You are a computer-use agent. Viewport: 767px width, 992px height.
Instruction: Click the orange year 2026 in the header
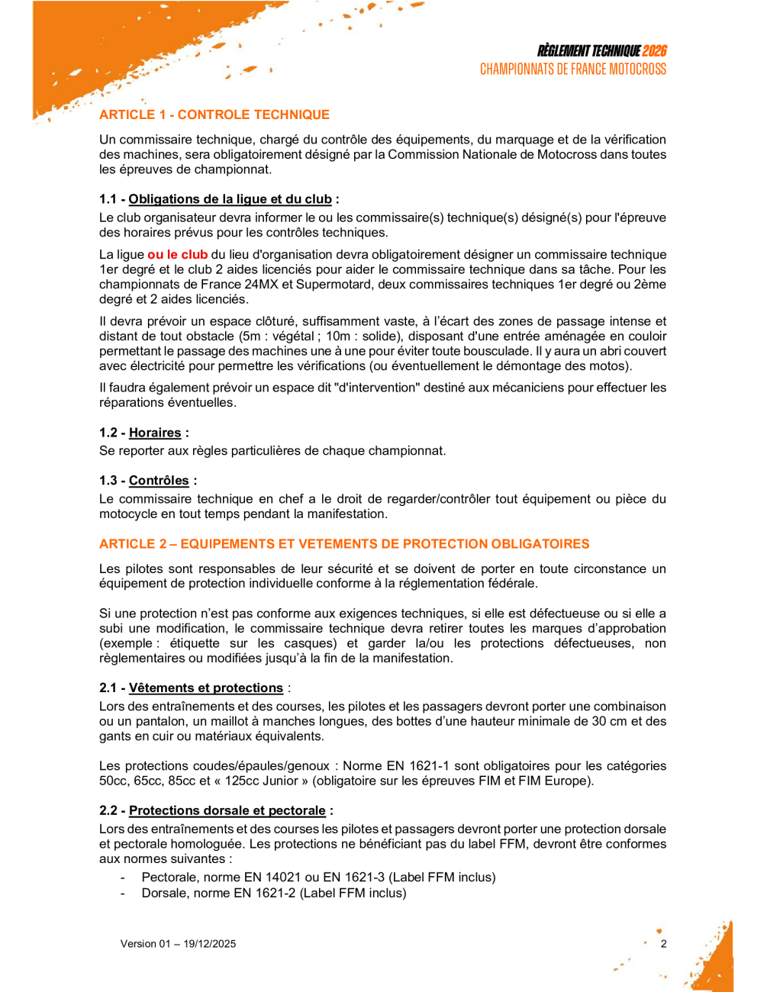pos(654,51)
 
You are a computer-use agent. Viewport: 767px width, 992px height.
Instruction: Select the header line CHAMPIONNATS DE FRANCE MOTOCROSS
pos(572,69)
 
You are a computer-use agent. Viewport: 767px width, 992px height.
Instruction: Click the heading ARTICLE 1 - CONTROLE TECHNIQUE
pos(214,115)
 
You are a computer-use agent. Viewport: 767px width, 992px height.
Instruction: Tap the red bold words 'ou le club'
pos(177,255)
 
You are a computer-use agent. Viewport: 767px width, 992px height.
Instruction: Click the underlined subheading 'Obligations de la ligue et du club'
pos(230,199)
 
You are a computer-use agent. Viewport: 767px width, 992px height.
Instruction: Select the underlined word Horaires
pos(155,433)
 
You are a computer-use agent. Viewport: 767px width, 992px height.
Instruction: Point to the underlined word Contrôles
pos(159,481)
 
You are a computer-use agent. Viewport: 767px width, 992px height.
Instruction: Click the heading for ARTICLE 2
pos(344,544)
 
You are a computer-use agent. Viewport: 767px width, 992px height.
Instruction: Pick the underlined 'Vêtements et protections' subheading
pos(205,688)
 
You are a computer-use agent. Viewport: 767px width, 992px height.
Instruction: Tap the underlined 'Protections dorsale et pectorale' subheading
pos(227,811)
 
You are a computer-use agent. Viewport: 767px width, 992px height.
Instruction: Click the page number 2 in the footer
pos(663,944)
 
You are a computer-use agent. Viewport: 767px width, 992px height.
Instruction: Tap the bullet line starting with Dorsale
pos(273,893)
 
